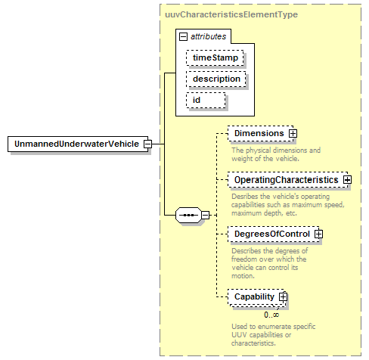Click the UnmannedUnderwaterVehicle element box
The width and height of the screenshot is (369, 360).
click(x=78, y=144)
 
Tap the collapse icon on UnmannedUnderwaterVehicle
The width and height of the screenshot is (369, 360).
click(x=147, y=144)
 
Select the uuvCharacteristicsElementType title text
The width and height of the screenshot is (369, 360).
click(x=231, y=14)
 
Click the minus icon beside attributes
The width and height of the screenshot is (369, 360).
click(x=183, y=37)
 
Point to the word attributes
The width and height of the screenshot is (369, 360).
click(x=209, y=36)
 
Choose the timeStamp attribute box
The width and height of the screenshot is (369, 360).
click(x=215, y=57)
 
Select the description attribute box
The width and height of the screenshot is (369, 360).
click(x=216, y=79)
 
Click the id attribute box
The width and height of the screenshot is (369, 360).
click(x=206, y=100)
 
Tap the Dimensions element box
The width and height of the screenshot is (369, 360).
click(x=260, y=133)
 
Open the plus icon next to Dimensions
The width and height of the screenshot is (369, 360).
click(x=293, y=133)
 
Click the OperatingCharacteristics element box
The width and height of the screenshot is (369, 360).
click(x=287, y=180)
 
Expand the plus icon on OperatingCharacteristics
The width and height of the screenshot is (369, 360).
click(x=347, y=180)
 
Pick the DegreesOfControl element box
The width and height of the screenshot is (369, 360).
click(x=274, y=234)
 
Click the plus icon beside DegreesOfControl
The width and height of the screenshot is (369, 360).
click(x=318, y=234)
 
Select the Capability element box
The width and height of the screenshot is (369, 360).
click(x=257, y=297)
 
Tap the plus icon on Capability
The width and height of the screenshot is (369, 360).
click(x=283, y=297)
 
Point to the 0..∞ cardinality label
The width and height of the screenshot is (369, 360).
click(x=271, y=315)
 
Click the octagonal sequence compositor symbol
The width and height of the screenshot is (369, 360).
click(x=189, y=216)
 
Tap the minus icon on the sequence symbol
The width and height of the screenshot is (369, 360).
click(x=206, y=216)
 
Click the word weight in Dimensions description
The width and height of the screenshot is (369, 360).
click(x=240, y=159)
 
